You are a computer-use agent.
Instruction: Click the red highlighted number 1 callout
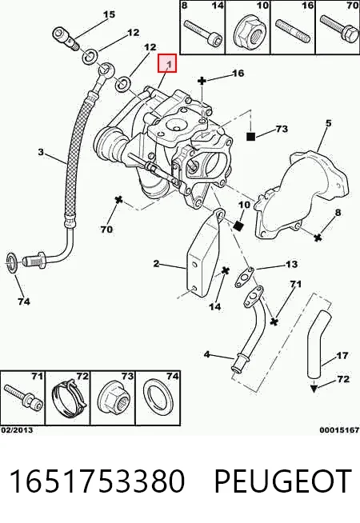[167, 63]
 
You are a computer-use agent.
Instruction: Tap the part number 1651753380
[97, 481]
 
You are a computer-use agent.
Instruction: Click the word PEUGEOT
[282, 481]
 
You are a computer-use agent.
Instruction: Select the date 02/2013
[17, 430]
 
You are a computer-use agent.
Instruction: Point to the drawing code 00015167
[339, 430]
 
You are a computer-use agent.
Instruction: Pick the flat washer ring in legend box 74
[158, 399]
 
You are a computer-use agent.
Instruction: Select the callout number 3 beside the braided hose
[41, 152]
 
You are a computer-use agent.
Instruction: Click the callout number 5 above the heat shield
[329, 123]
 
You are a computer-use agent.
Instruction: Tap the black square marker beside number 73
[251, 136]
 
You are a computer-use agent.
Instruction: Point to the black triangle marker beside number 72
[314, 388]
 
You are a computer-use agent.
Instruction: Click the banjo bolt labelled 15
[66, 38]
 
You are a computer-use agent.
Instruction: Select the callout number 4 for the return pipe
[207, 354]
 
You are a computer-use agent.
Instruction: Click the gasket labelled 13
[244, 277]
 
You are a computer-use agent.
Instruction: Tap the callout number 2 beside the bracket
[156, 264]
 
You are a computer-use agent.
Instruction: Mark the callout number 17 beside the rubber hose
[342, 356]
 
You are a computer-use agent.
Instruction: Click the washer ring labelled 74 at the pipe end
[12, 263]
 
